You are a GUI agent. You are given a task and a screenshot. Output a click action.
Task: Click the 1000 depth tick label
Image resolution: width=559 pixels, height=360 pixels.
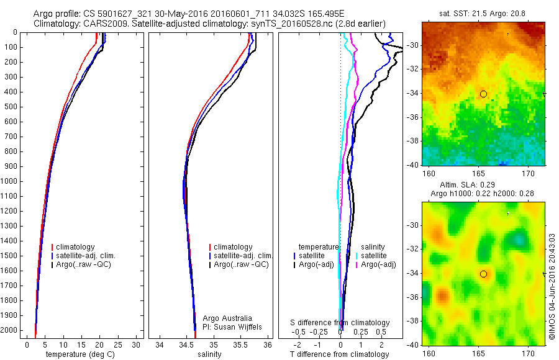pos(9,181)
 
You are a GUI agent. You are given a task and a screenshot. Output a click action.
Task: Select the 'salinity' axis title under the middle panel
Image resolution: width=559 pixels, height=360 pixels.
pos(209,354)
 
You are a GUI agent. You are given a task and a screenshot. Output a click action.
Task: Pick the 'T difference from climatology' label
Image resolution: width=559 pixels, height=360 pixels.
pos(339,354)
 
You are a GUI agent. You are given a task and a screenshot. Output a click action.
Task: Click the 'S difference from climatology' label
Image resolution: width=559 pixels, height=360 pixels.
pos(340,323)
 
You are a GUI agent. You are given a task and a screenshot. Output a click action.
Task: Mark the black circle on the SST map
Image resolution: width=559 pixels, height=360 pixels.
pos(483,94)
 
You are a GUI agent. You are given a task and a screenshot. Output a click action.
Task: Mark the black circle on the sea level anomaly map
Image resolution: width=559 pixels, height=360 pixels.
pos(483,274)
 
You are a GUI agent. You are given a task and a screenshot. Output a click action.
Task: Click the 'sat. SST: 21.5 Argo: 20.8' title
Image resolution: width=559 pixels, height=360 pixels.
pos(483,13)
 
